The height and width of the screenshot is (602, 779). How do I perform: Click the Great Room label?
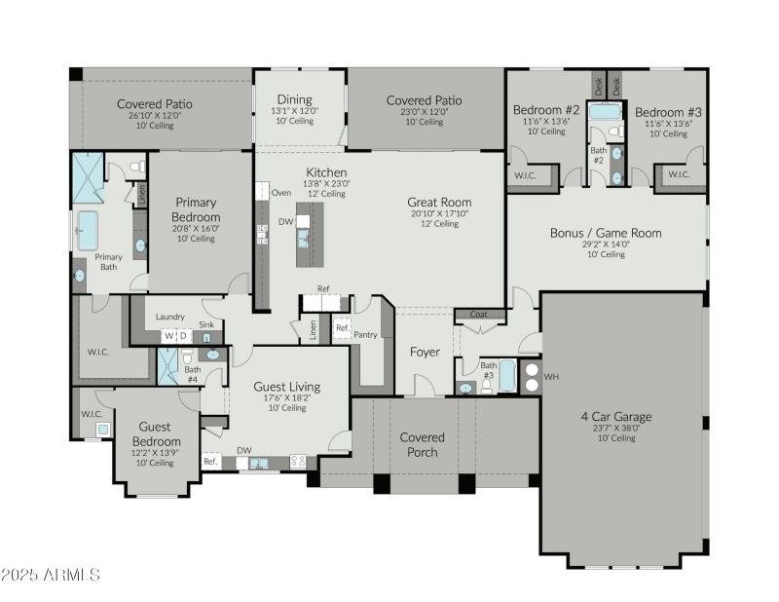click(439, 203)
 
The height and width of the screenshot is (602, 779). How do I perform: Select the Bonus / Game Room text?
click(606, 233)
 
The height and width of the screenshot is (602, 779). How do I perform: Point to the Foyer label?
click(425, 352)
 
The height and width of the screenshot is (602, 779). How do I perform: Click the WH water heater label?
click(551, 376)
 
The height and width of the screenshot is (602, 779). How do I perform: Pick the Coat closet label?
click(479, 315)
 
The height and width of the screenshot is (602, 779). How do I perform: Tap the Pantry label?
click(366, 334)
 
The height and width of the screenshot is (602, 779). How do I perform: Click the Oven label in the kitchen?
click(281, 193)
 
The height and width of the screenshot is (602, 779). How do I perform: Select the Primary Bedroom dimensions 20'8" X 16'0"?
click(196, 228)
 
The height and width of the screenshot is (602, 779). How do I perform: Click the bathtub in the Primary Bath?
click(88, 231)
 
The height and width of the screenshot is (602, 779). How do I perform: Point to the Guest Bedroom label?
click(155, 433)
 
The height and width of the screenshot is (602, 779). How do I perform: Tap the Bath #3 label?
click(488, 370)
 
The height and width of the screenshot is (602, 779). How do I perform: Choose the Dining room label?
click(294, 99)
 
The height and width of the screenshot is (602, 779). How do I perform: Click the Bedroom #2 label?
click(546, 110)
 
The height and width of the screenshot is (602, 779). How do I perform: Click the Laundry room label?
click(170, 317)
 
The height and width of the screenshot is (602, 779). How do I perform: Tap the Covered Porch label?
click(423, 444)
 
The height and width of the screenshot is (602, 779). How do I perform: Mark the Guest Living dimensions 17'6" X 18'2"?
click(280, 397)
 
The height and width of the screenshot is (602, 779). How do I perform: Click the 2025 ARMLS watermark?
click(51, 575)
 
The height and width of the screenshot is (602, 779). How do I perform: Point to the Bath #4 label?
click(193, 374)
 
